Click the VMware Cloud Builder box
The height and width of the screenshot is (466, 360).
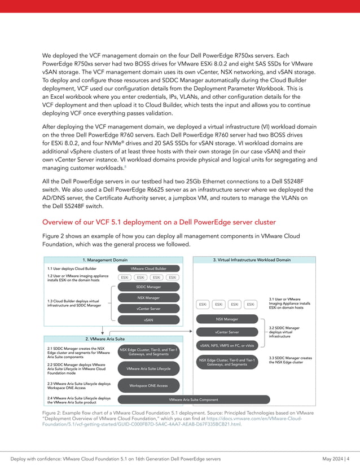(x=148, y=269)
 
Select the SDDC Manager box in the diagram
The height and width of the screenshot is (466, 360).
(x=148, y=287)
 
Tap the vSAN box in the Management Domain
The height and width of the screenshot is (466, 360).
(x=148, y=319)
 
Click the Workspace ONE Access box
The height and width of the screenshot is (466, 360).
(x=148, y=385)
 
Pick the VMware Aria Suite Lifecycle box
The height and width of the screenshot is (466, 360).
(x=148, y=368)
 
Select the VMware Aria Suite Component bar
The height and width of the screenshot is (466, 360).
(x=194, y=399)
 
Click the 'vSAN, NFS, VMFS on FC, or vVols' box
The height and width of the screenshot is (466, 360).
(x=227, y=345)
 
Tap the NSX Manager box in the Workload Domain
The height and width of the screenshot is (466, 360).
(x=227, y=319)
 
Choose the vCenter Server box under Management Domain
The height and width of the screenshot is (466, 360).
(x=148, y=308)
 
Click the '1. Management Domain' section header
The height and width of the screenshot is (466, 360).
(x=105, y=260)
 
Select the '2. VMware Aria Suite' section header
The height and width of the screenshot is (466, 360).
(x=105, y=338)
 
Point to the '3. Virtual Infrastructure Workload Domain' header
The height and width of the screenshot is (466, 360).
(x=252, y=260)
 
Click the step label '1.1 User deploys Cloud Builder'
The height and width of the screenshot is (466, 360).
(x=72, y=269)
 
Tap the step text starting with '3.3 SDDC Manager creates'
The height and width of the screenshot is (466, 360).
(x=290, y=360)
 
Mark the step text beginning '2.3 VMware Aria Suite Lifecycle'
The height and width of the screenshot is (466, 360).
(x=79, y=385)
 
